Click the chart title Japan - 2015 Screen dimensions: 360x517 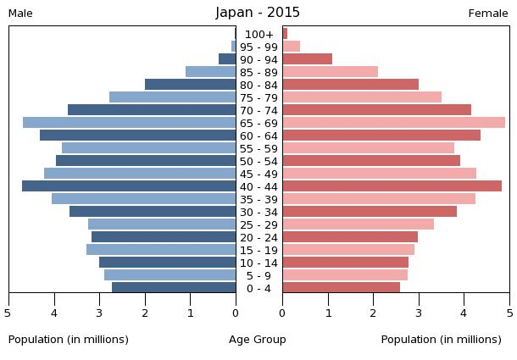point(258,13)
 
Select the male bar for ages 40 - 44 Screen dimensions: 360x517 point(129,186)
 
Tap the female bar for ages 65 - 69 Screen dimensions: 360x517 point(393,123)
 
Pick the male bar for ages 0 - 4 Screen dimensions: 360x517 point(174,288)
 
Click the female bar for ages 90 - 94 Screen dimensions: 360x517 point(307,59)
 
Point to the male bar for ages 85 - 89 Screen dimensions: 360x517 point(210,72)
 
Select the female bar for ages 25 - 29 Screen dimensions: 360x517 point(358,224)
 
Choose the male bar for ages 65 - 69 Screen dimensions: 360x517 point(129,123)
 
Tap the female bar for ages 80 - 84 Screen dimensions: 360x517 point(350,85)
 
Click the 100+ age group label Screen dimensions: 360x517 point(258,34)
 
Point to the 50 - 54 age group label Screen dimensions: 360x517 point(258,161)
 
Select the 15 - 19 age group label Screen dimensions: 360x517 point(258,250)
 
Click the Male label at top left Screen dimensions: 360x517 point(20,14)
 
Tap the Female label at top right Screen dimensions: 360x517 point(488,14)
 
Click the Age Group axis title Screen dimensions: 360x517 point(258,340)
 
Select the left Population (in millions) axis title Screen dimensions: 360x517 point(69,340)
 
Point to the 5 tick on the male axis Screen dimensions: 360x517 point(8,313)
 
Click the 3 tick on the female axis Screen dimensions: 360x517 point(419,313)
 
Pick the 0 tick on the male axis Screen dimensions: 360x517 point(236,313)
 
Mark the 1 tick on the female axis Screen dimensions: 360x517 point(328,313)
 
